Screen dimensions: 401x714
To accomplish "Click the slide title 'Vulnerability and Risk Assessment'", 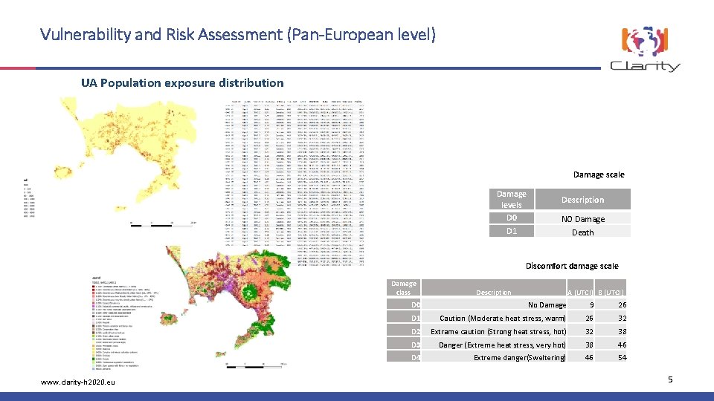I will (238, 34).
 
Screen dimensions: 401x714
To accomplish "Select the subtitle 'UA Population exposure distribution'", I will (182, 82).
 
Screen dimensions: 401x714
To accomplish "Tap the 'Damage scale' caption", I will (598, 175).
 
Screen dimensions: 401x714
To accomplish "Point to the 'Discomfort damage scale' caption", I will (571, 266).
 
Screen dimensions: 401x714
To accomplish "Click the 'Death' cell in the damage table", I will (582, 232).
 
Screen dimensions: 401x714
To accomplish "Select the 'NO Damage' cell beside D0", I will (582, 219).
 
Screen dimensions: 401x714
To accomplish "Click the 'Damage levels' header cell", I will (511, 199).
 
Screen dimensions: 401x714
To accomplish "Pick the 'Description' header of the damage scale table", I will (582, 200).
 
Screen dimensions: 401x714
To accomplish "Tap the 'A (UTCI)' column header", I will (580, 293).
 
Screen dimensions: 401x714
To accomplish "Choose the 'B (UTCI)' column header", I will (610, 293).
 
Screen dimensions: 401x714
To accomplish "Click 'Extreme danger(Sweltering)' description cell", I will (519, 358).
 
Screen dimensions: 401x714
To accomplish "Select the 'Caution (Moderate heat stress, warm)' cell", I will (502, 319).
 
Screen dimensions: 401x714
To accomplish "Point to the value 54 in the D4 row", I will (622, 358).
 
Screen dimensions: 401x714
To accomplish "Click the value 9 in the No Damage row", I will (591, 305).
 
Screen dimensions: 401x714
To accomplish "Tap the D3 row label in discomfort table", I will (416, 345).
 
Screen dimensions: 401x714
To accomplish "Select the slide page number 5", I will (670, 380).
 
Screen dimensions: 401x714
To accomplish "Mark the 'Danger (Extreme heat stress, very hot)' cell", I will (502, 345).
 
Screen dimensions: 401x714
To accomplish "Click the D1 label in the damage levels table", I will (511, 232).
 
